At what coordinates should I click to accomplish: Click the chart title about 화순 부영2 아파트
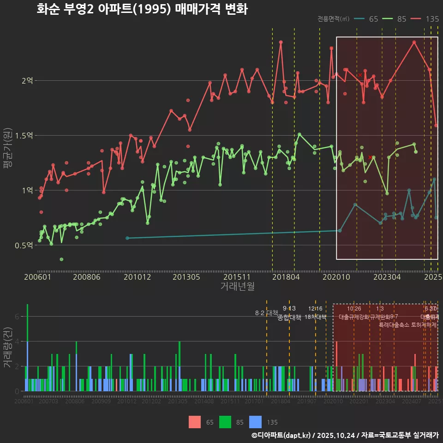142,9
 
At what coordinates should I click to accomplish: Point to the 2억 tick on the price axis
27,81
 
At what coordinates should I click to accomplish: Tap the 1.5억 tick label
24,136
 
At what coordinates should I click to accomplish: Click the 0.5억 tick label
24,245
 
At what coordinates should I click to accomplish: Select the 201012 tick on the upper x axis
137,277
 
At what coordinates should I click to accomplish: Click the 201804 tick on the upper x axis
286,277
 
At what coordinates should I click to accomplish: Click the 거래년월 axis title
237,287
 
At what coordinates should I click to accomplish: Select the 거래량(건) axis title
8,347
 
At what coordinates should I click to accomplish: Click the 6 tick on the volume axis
17,317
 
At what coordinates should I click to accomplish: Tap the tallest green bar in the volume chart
28,323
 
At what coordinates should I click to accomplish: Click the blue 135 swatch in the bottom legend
255,422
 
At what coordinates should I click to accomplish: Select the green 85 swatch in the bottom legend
225,422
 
